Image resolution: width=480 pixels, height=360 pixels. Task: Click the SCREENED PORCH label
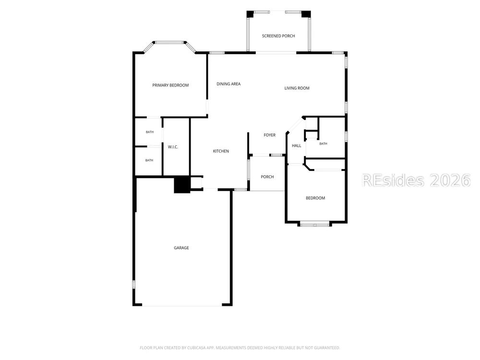coord(278,36)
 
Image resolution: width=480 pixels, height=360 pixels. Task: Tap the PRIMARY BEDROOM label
coord(170,85)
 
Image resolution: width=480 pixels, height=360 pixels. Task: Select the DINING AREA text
coord(228,84)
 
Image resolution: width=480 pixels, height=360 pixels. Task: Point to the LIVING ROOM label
coord(297,88)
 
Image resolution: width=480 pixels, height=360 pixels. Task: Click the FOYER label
coord(269,135)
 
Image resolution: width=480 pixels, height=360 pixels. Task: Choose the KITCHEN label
coord(221,151)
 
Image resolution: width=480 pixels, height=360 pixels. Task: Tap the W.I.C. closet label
coord(173,147)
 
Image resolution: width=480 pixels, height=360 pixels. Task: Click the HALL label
coord(296,146)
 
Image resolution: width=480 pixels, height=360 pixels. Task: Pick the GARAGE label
coord(181,248)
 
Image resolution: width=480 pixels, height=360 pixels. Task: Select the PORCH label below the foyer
coord(267,177)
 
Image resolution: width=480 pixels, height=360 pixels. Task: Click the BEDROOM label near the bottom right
coord(315,198)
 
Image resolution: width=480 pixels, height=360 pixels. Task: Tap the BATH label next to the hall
coord(323,144)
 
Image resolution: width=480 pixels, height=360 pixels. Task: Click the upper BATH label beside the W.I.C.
coord(150,132)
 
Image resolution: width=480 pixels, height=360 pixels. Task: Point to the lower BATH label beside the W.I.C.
coord(149,160)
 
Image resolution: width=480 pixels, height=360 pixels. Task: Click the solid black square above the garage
coord(182,185)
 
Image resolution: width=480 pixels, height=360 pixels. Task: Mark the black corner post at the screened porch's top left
coord(250,14)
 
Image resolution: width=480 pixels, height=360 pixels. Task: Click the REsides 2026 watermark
coord(416,180)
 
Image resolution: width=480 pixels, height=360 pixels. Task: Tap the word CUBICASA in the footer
coord(196,348)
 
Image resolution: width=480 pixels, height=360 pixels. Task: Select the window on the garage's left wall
coord(134,284)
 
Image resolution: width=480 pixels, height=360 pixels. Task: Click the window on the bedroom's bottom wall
coord(315,225)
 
